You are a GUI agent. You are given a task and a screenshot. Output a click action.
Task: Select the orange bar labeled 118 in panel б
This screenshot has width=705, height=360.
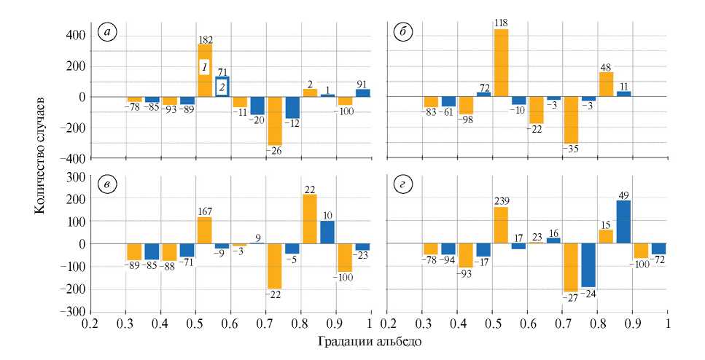click(501, 63)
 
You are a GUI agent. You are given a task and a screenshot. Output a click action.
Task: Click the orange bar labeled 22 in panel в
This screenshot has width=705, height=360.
click(310, 219)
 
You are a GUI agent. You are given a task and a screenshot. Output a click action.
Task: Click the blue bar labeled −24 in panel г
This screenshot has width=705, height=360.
click(589, 265)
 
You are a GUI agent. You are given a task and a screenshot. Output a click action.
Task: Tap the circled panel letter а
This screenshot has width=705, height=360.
click(109, 34)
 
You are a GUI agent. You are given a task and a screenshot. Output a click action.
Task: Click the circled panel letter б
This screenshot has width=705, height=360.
click(403, 34)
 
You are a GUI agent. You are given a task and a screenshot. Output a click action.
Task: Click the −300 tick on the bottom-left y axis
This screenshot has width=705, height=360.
click(74, 312)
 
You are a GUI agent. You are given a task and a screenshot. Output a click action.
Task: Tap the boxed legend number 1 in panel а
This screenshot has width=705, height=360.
click(206, 68)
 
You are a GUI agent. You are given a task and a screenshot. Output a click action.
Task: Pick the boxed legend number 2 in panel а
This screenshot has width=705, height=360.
click(222, 87)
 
